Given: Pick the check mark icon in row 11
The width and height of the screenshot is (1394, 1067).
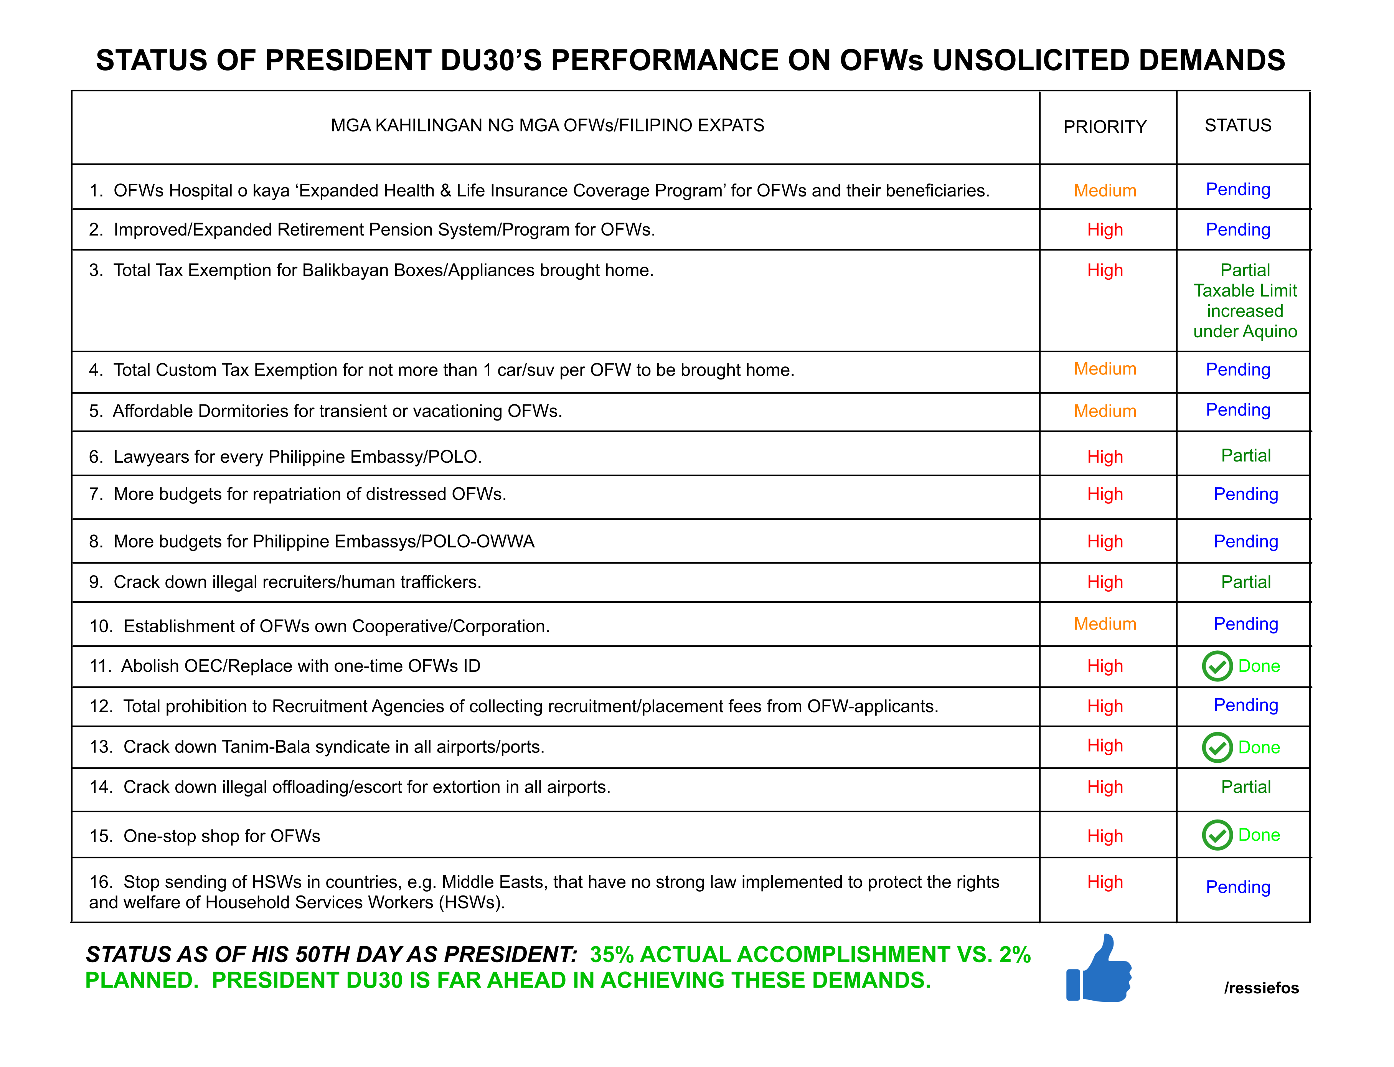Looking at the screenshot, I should point(1216,666).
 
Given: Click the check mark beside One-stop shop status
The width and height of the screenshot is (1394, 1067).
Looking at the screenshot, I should point(1216,835).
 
